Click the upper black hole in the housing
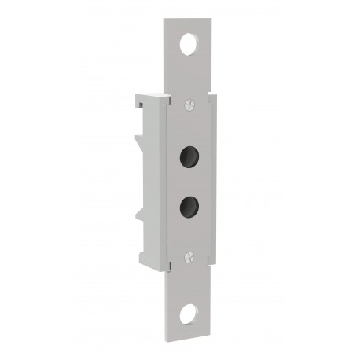[x=189, y=154]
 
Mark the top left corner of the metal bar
[x=166, y=20]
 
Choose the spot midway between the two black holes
[x=189, y=180]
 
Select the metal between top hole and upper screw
[x=189, y=75]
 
